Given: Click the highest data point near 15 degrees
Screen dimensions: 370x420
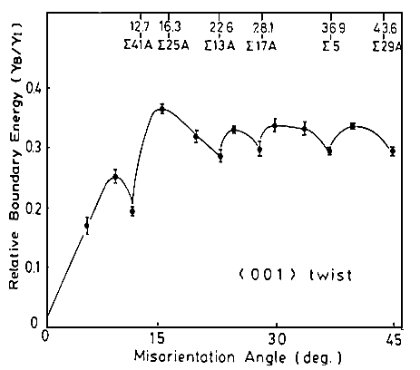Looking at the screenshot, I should (161, 109).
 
